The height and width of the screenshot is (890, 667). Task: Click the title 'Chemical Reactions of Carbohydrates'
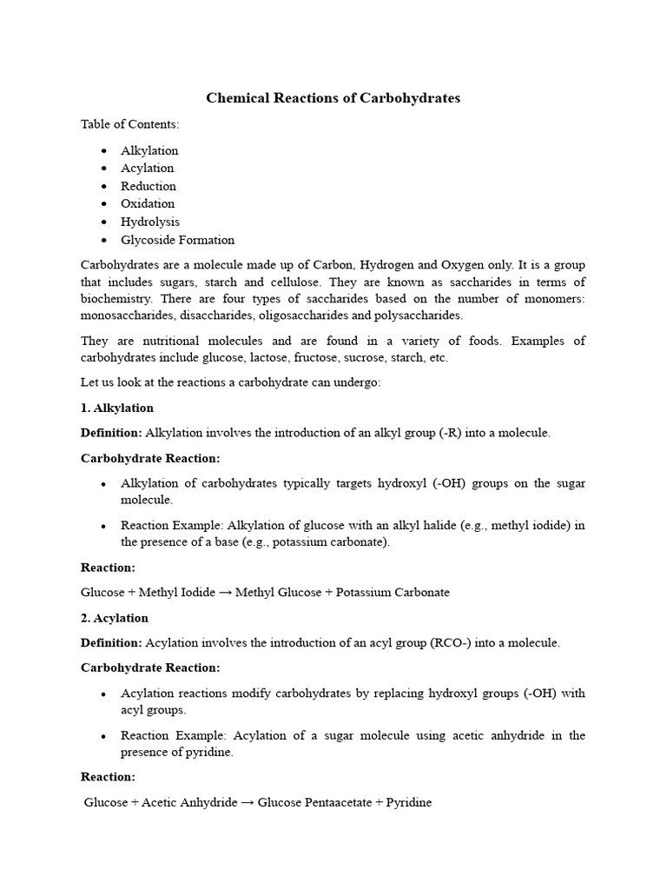pos(333,98)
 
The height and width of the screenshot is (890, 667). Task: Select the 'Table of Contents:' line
pos(129,124)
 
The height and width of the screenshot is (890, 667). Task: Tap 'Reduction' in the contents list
pos(149,186)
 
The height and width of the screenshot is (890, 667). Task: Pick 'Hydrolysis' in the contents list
pos(150,222)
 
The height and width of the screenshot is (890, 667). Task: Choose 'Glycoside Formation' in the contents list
pos(177,240)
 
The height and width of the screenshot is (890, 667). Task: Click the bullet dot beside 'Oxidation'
pos(104,204)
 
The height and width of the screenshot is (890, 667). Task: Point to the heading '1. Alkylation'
pos(117,408)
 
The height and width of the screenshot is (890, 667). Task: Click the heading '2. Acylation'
pos(115,618)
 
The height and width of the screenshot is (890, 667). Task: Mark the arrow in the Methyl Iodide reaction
pos(225,593)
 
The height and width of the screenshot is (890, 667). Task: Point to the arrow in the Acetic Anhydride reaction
pos(247,803)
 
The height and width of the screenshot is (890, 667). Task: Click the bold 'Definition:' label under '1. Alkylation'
pos(111,433)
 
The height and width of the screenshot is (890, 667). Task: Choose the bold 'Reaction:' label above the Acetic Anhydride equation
pos(108,777)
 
